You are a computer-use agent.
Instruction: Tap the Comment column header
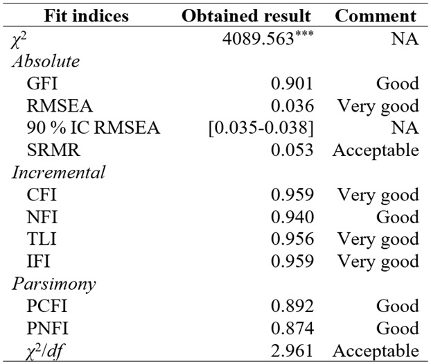pyautogui.click(x=376, y=16)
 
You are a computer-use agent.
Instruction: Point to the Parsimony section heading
pyautogui.click(x=53, y=284)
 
